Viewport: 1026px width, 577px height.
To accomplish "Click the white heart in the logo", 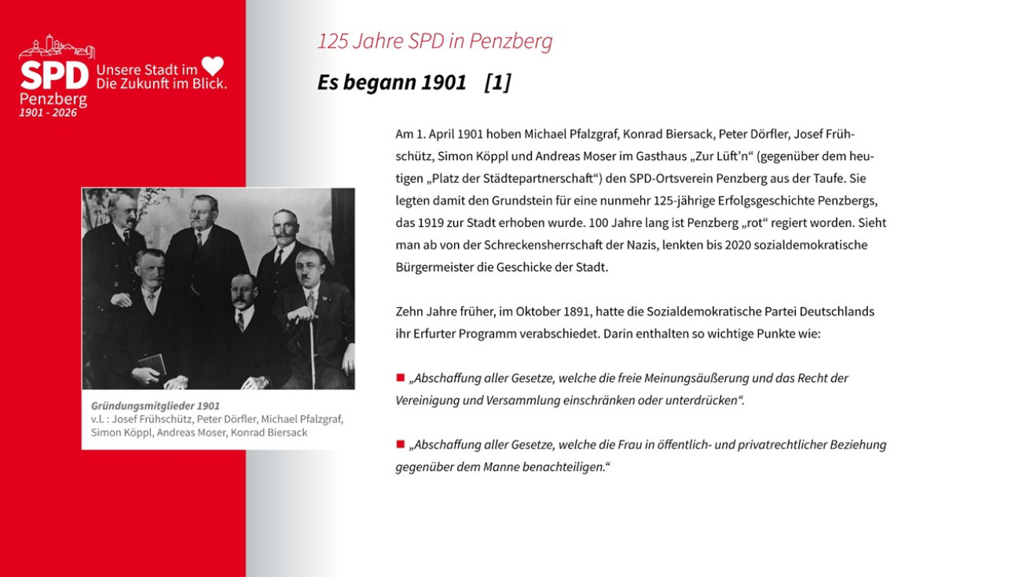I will [213, 66].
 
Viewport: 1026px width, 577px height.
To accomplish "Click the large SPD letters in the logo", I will [53, 76].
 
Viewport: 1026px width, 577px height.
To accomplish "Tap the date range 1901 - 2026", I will [48, 113].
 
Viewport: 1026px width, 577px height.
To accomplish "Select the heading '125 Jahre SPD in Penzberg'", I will [434, 42].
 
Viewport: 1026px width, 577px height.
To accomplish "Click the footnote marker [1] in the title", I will [497, 82].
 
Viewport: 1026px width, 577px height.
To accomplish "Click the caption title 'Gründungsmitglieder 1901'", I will [155, 406].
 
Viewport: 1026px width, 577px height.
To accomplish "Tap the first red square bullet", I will [400, 378].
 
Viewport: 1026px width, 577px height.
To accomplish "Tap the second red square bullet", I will [400, 444].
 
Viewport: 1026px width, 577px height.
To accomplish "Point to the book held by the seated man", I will [152, 364].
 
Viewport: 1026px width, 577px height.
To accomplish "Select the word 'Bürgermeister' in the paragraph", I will [433, 267].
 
